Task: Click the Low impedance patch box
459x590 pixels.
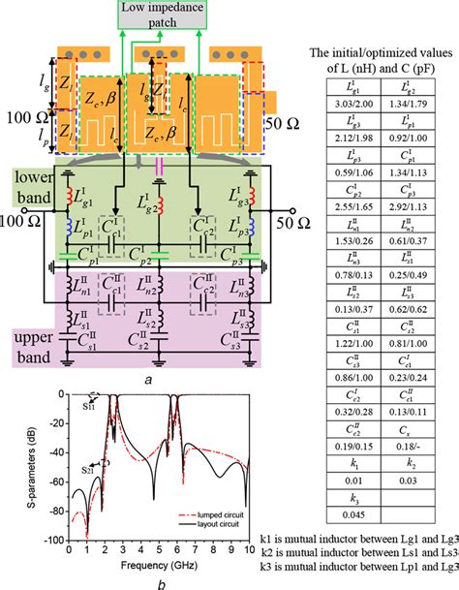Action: click(160, 14)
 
